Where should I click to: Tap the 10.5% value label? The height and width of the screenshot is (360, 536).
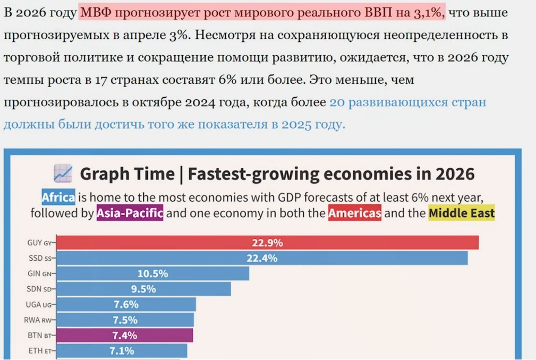pos(152,273)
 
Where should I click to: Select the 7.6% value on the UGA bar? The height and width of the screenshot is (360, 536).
pos(126,304)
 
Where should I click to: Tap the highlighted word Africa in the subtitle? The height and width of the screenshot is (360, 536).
pos(58,197)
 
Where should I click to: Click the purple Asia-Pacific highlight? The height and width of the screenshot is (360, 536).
pos(130,213)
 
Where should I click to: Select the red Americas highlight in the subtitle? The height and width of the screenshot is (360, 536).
pos(354,213)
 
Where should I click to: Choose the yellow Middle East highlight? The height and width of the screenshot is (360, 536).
pos(461,213)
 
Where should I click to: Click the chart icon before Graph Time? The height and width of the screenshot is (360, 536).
pos(63,173)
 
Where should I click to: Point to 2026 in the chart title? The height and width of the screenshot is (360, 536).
pos(455,174)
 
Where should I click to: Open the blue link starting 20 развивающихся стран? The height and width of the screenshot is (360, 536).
pos(407,101)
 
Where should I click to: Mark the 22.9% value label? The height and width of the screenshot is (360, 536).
pos(267,243)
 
